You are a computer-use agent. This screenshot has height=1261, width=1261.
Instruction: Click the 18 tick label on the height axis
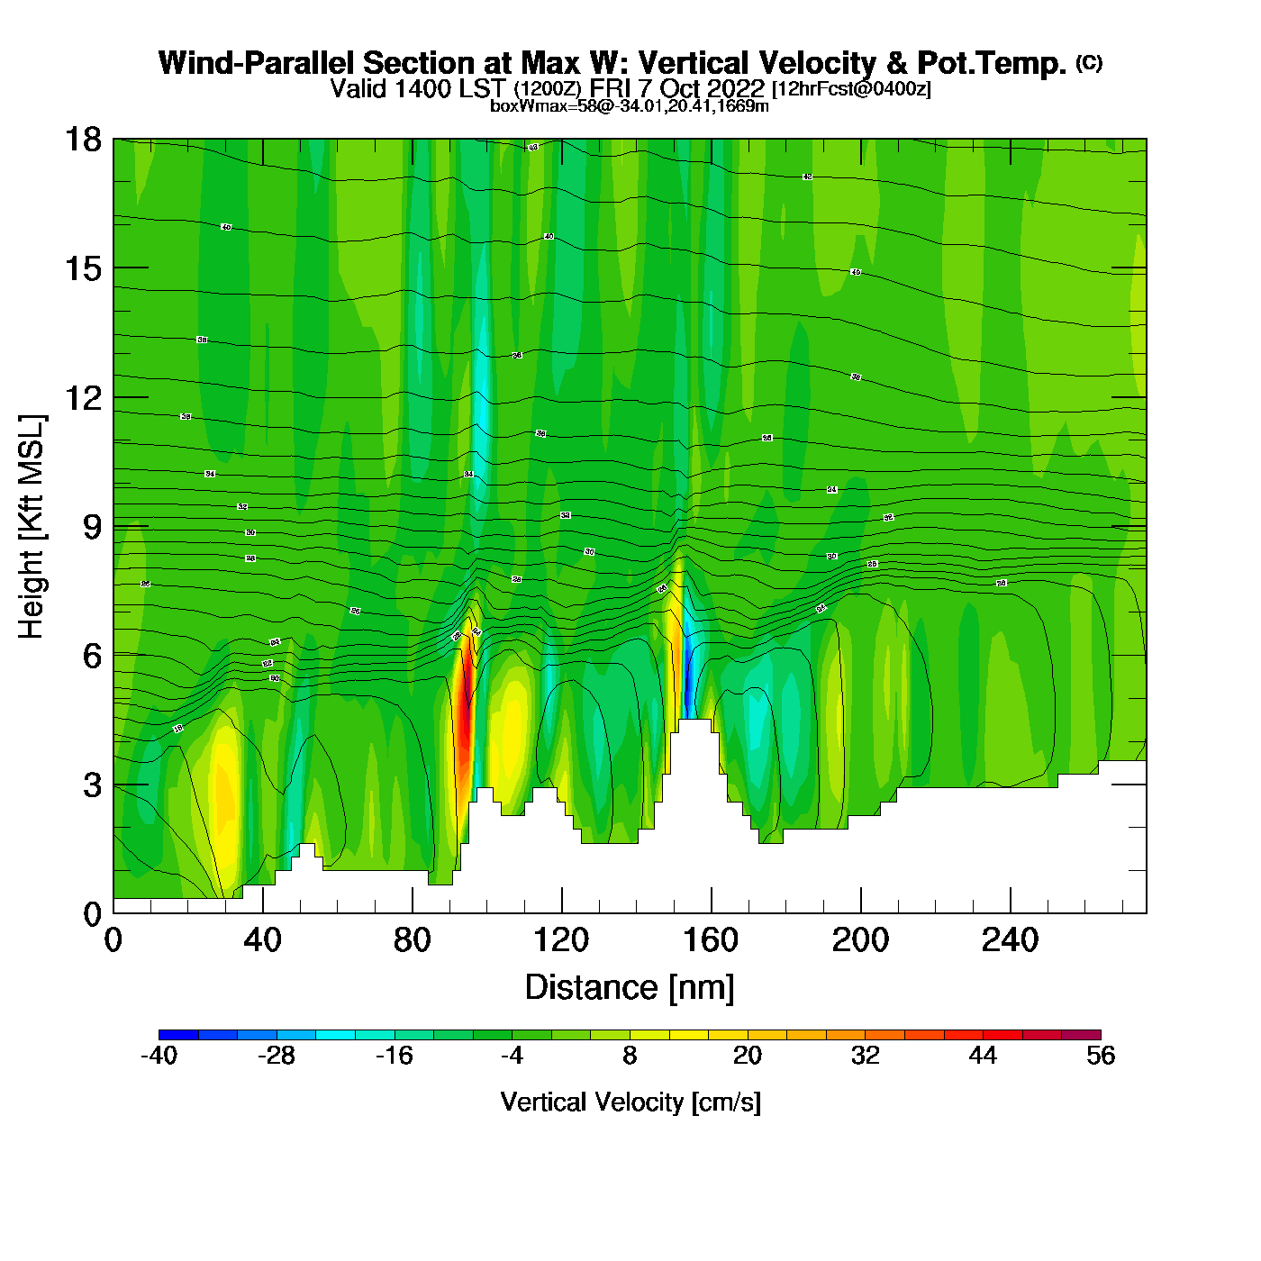83,140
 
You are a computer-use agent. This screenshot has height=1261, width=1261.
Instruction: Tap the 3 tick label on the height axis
92,785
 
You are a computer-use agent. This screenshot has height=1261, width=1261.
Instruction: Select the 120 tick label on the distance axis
561,940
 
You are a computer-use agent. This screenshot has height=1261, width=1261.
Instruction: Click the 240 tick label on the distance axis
1010,940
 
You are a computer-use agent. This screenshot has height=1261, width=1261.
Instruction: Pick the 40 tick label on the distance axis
262,940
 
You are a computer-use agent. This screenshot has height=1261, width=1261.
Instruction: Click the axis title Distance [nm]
630,987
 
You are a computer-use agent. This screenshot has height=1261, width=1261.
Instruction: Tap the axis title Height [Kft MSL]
32,527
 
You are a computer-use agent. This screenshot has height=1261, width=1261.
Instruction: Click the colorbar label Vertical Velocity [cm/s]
630,1102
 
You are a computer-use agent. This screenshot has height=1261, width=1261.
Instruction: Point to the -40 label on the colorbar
159,1056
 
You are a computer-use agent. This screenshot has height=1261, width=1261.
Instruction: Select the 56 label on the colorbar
1101,1056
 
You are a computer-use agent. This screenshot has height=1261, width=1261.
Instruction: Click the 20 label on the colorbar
748,1056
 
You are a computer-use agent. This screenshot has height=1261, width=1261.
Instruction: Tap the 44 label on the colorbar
983,1056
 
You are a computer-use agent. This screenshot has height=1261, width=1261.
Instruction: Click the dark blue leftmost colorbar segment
178,1035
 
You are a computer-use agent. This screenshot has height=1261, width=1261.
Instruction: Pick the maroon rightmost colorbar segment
1081,1035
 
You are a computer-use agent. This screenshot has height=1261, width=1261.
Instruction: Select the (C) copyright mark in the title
1089,62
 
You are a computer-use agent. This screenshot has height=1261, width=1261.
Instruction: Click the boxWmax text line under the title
630,105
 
